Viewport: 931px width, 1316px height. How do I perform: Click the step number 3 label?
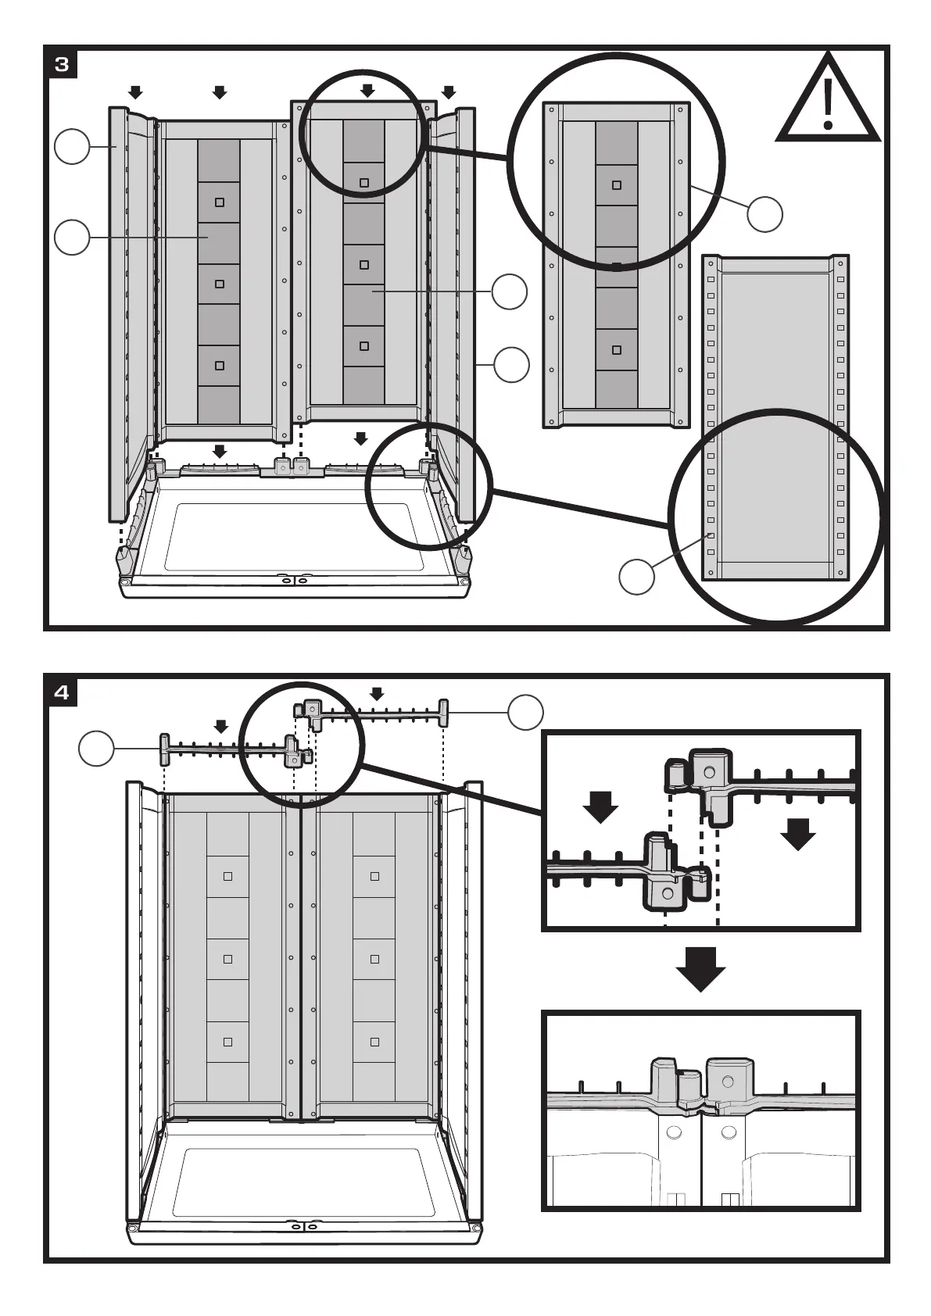[x=62, y=64]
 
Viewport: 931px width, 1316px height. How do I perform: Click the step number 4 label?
[x=62, y=692]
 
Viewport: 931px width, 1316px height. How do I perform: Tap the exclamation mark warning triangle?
[x=829, y=102]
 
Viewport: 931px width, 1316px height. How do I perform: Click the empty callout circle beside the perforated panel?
[x=636, y=577]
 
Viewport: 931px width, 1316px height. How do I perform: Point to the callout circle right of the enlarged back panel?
[x=764, y=214]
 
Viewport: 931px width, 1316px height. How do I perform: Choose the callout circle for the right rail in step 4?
[x=525, y=712]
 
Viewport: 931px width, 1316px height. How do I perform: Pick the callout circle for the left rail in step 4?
[x=97, y=749]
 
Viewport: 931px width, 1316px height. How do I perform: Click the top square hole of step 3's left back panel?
[x=220, y=202]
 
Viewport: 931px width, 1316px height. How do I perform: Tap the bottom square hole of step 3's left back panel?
[x=220, y=366]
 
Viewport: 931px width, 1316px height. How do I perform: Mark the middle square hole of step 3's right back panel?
[x=364, y=265]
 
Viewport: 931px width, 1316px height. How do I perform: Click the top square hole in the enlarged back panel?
[x=617, y=185]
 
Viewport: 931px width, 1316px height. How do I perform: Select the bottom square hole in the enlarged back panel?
[x=617, y=350]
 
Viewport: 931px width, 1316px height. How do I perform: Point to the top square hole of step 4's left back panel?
[x=228, y=876]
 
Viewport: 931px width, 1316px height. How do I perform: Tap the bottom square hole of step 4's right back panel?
[x=374, y=1042]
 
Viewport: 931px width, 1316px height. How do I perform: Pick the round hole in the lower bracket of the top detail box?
[x=667, y=892]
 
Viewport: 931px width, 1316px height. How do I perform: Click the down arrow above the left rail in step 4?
[x=221, y=727]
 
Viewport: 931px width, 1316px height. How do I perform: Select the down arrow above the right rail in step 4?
[x=378, y=694]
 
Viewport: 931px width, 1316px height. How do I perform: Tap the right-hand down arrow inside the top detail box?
[x=798, y=834]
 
